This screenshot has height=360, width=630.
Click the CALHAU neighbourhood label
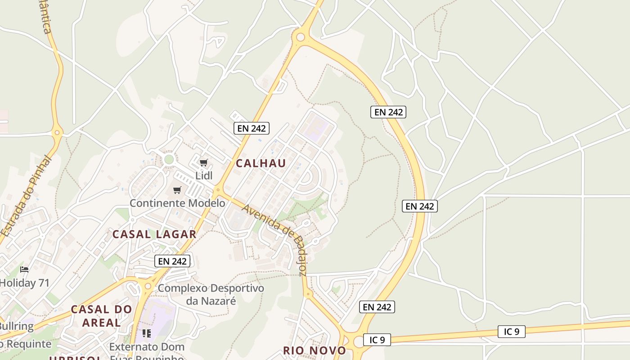(261, 163)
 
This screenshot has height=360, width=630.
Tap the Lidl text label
(204, 175)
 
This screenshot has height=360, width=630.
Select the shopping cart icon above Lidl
(204, 163)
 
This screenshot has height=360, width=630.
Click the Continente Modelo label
(177, 203)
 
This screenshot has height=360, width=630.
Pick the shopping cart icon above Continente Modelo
(177, 190)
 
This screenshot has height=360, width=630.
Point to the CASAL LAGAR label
(154, 234)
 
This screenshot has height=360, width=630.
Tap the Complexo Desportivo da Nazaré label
(211, 294)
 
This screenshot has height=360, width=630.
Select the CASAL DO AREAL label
(102, 316)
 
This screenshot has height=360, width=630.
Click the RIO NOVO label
(315, 351)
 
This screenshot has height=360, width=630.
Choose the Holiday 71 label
(24, 283)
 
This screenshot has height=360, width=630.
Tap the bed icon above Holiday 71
(24, 270)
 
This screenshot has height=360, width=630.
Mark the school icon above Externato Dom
(146, 333)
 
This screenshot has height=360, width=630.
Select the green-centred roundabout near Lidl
(169, 159)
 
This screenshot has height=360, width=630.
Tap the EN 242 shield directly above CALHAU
(252, 128)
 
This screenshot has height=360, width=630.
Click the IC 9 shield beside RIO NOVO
(377, 340)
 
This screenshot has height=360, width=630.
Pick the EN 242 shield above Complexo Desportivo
(172, 261)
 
